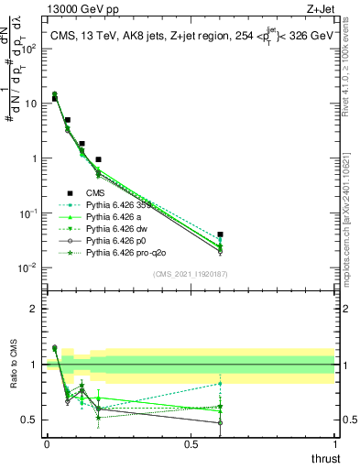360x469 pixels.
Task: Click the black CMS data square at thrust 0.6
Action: [x=220, y=234]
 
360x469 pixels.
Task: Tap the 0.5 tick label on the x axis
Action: [x=191, y=443]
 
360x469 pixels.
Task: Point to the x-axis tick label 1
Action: [x=335, y=443]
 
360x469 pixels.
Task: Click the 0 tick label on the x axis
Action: [x=47, y=443]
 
